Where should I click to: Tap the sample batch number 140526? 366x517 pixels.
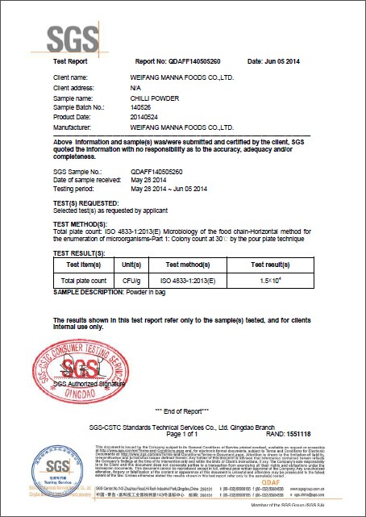point(142,107)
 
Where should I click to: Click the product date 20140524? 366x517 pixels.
point(145,117)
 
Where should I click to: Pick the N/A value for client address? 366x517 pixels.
point(135,87)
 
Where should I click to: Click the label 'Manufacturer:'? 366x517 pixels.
point(76,127)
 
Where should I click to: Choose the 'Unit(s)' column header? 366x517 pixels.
point(131,264)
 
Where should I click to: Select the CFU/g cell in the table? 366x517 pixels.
point(131,279)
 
